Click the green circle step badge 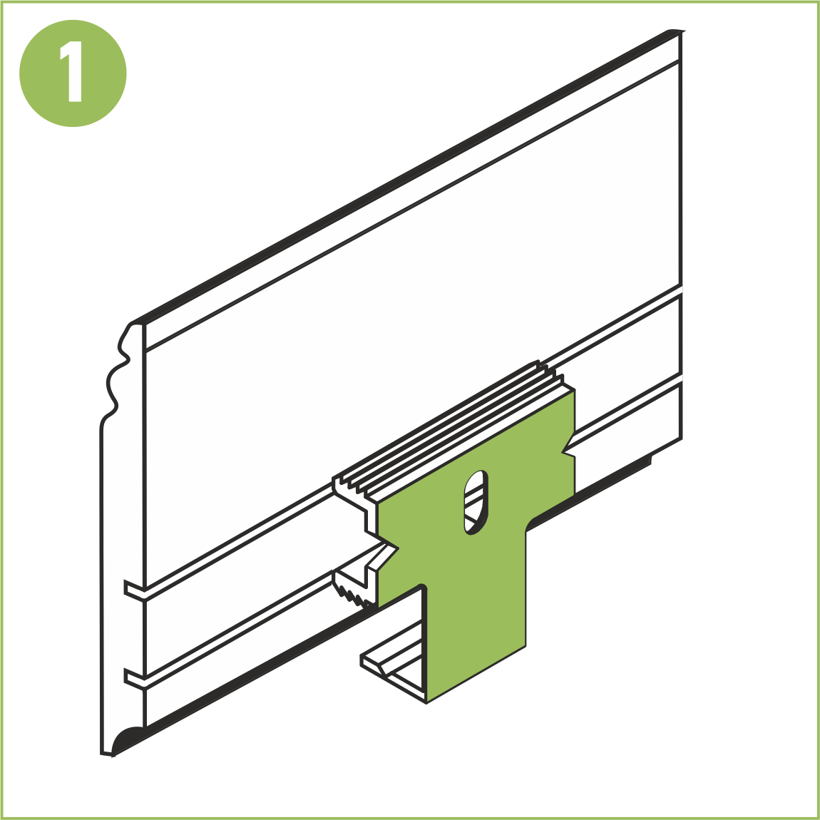[x=73, y=73]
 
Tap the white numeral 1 [x=71, y=71]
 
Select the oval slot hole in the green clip [x=476, y=502]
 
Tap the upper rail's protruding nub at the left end [x=134, y=590]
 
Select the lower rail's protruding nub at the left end [x=134, y=679]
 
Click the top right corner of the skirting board [x=682, y=31]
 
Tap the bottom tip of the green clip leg [x=426, y=703]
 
